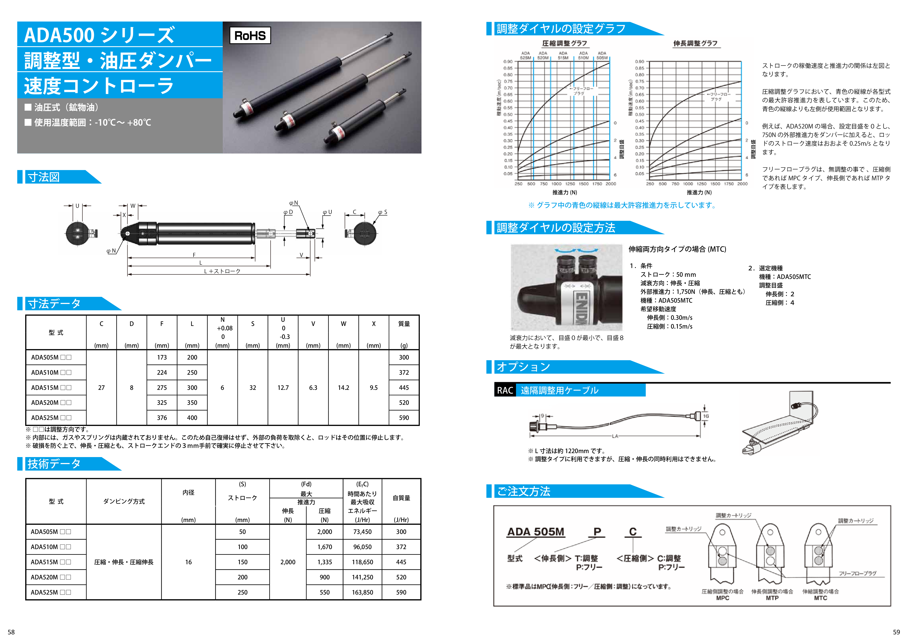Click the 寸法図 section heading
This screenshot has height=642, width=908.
(x=44, y=177)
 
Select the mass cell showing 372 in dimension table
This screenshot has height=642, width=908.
(x=403, y=372)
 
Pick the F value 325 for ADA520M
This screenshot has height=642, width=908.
(x=162, y=403)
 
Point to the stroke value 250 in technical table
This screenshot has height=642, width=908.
(x=242, y=592)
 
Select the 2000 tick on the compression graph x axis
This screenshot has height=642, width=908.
(x=611, y=184)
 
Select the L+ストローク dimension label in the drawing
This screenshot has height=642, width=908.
(x=222, y=271)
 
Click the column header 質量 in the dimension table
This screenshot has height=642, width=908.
(x=404, y=324)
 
